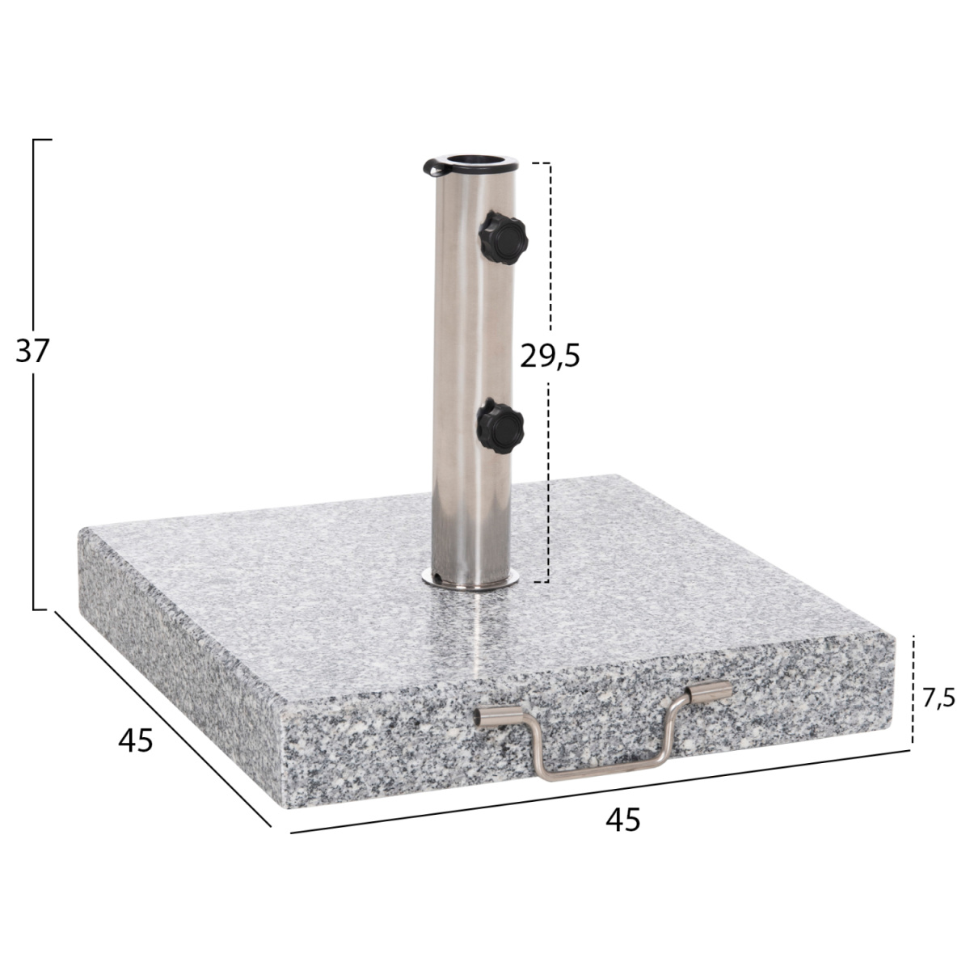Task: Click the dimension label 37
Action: coord(32,351)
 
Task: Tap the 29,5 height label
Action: coord(550,356)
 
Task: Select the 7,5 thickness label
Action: coord(938,698)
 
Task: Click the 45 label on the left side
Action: coord(136,740)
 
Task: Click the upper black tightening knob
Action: coord(502,238)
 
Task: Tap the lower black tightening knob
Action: coord(500,427)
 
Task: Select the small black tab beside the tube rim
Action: coord(433,167)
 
